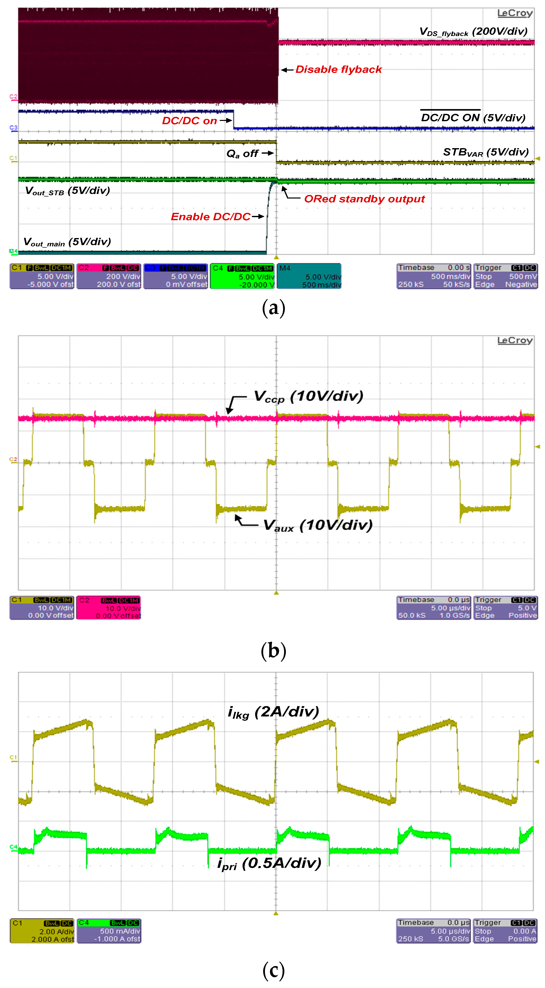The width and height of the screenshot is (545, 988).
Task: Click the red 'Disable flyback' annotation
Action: click(339, 70)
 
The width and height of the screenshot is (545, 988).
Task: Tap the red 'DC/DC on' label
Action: click(189, 121)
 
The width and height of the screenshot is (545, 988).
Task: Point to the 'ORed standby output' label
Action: click(364, 199)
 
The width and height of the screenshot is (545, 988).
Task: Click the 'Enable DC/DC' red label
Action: click(211, 217)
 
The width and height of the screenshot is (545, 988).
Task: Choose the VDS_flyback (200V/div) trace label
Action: click(473, 32)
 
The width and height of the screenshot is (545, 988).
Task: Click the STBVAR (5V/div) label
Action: click(486, 152)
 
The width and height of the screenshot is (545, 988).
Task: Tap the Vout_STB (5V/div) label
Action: click(67, 191)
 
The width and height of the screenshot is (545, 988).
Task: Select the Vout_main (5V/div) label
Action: click(67, 242)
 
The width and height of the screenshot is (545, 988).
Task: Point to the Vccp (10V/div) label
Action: click(308, 397)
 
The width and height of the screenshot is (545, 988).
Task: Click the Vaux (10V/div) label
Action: click(318, 525)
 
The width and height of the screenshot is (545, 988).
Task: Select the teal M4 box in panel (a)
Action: click(309, 276)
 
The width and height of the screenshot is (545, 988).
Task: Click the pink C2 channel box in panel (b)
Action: click(109, 608)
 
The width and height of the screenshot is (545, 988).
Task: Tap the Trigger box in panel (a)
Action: click(505, 276)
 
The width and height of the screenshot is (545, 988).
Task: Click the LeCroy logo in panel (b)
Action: click(515, 341)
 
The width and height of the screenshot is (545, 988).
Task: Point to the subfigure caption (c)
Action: click(274, 970)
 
